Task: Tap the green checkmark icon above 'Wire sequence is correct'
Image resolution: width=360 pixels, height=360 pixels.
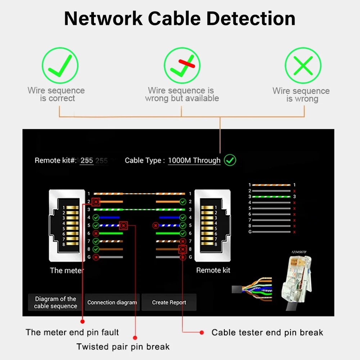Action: tap(60, 66)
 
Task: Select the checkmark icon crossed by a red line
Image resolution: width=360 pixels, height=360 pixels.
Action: tap(182, 66)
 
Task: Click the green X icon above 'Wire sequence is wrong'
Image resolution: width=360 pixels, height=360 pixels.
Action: tap(303, 66)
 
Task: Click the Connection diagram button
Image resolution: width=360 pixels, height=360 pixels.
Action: tap(112, 302)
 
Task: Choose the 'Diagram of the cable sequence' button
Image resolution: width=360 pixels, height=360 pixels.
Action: tap(56, 302)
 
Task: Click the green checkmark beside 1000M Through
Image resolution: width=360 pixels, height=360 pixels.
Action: tap(230, 160)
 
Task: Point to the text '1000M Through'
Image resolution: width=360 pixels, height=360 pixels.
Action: tap(194, 161)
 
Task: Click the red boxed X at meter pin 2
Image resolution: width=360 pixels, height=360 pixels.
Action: tap(96, 202)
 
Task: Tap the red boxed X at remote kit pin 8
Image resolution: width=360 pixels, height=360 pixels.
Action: tap(183, 249)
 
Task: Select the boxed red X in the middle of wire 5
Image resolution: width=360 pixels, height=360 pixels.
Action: tap(123, 226)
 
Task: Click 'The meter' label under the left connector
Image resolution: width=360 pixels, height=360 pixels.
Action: tap(67, 270)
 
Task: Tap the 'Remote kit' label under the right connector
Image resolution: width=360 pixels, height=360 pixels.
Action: tap(213, 270)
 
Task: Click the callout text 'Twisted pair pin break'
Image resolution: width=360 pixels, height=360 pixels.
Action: tap(123, 347)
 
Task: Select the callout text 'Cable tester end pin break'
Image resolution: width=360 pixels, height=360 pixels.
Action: tap(267, 333)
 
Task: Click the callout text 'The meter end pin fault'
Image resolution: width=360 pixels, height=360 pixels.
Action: tap(72, 332)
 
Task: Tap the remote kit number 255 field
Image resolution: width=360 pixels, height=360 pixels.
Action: tap(87, 161)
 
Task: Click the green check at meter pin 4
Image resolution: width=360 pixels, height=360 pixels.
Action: tap(96, 217)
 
